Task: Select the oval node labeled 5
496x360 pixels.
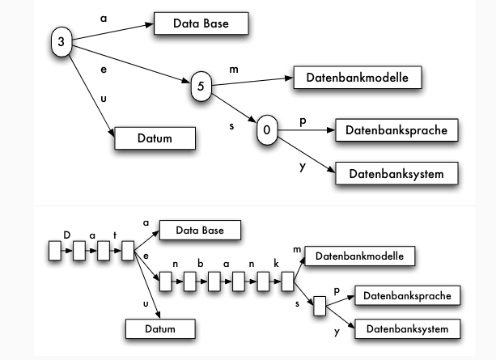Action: [x=201, y=87]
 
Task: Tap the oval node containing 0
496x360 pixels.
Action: [x=268, y=130]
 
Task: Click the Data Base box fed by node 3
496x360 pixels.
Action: [x=201, y=23]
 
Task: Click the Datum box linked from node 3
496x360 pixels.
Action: [x=155, y=138]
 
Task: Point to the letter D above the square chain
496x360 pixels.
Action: [x=68, y=235]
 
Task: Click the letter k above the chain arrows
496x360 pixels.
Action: [x=275, y=265]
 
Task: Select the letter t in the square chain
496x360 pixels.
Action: [x=116, y=235]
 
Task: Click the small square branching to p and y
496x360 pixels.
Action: [x=320, y=306]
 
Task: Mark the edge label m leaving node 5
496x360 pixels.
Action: [x=234, y=70]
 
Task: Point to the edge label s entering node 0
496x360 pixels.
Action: [x=232, y=125]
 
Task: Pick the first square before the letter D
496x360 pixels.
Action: [x=55, y=252]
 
